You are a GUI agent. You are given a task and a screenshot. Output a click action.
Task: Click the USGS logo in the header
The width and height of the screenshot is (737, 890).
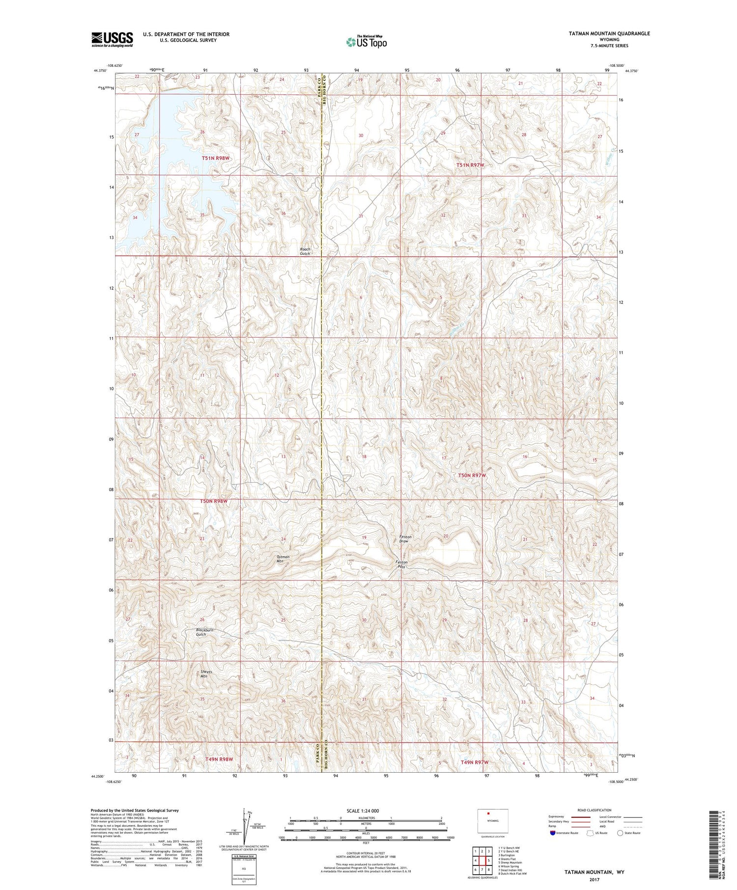(112, 39)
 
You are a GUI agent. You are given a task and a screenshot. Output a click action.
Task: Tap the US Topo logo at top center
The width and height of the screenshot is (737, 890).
(367, 42)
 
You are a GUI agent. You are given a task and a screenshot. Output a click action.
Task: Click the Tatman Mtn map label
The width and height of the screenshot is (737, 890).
(283, 559)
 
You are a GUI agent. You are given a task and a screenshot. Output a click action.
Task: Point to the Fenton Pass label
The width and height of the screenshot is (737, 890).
(401, 564)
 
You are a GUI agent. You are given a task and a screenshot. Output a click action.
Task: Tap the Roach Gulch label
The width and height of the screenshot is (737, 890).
(305, 251)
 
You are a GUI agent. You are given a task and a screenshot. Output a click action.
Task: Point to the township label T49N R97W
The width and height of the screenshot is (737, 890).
(475, 762)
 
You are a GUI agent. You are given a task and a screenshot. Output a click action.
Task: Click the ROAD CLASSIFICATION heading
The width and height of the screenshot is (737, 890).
(595, 810)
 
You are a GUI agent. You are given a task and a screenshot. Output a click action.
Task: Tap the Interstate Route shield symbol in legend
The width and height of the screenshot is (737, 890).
(553, 833)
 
